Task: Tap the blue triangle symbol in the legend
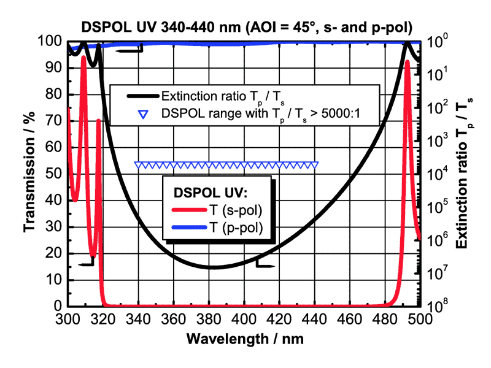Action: [143, 113]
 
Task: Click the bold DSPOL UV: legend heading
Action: [211, 192]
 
